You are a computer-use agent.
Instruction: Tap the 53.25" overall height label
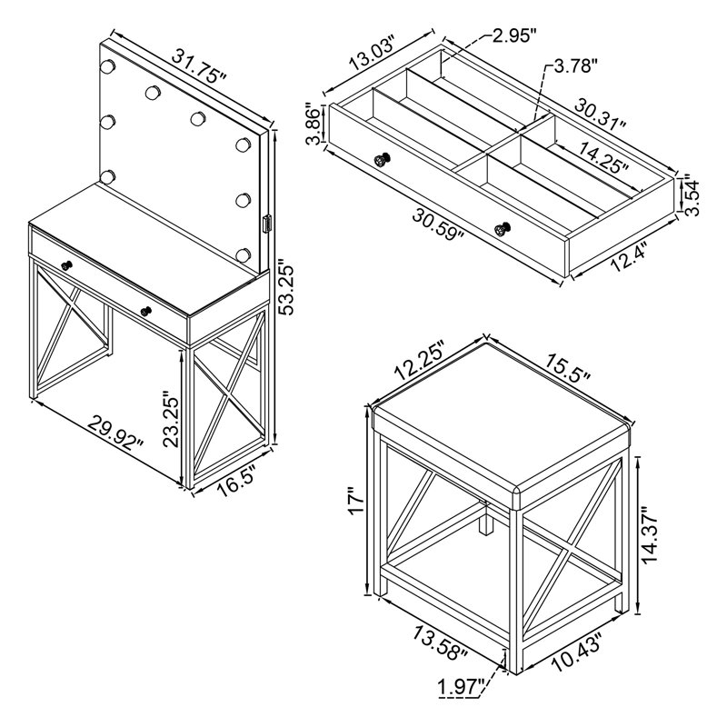288,289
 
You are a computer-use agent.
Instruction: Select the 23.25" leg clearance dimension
171,420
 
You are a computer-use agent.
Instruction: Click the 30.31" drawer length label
602,114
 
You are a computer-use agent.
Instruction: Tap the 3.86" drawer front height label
314,125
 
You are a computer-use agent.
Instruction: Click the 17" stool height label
357,502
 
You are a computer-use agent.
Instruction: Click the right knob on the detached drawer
503,229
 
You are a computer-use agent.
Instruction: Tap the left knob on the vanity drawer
67,265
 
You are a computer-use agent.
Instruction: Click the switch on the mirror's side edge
266,224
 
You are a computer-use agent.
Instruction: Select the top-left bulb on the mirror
107,66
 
